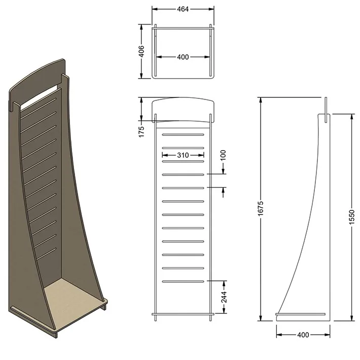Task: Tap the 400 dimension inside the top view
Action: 183,57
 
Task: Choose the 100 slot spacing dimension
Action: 223,154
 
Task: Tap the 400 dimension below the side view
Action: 303,335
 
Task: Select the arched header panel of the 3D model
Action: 38,81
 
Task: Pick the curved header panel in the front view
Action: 183,109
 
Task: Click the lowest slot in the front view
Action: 183,281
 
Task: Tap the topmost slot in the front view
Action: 183,134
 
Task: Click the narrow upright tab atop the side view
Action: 327,106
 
